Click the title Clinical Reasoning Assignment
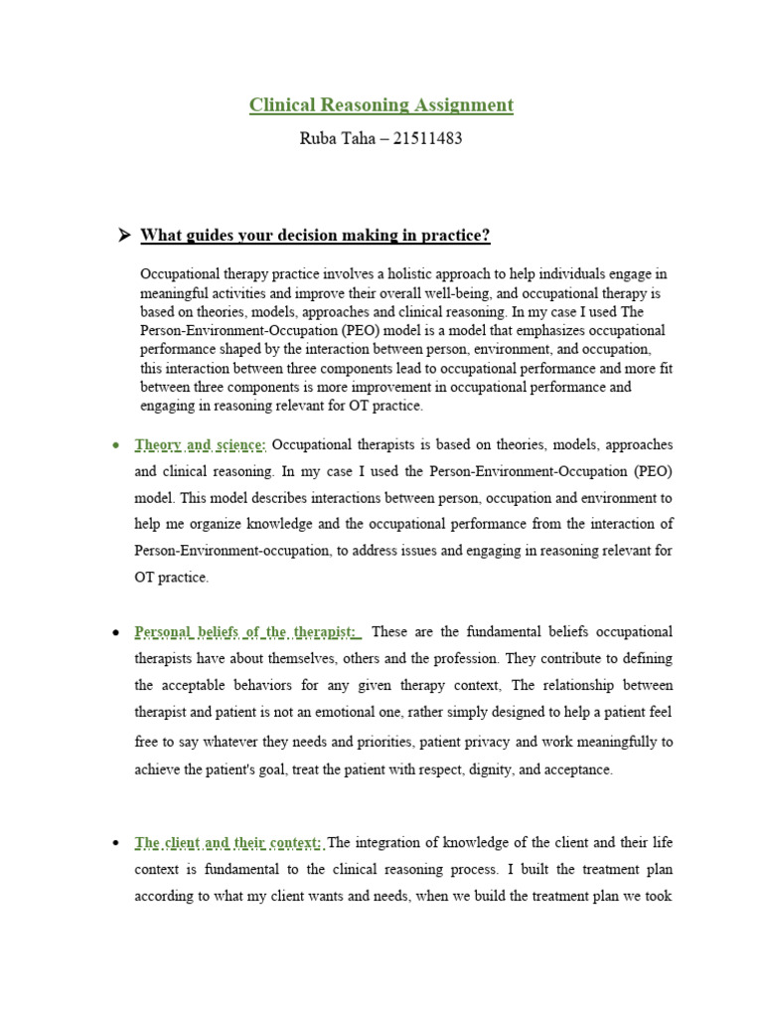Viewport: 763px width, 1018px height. [x=381, y=104]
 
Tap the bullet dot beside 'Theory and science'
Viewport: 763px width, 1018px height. [x=117, y=444]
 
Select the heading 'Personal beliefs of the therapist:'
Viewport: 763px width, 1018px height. [x=247, y=632]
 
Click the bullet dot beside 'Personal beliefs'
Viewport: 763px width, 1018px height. [x=117, y=633]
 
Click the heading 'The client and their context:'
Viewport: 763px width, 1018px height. [x=229, y=843]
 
